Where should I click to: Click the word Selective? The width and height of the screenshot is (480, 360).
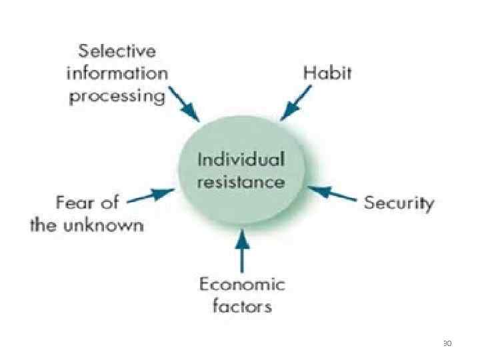117,51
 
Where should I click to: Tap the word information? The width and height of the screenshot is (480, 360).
117,73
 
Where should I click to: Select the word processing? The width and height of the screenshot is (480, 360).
117,96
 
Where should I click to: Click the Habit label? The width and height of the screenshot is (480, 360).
327,73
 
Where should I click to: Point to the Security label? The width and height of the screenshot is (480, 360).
399,203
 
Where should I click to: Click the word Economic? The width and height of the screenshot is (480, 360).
242,285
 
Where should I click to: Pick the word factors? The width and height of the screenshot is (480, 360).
242,307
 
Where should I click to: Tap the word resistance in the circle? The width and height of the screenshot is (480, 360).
241,181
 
